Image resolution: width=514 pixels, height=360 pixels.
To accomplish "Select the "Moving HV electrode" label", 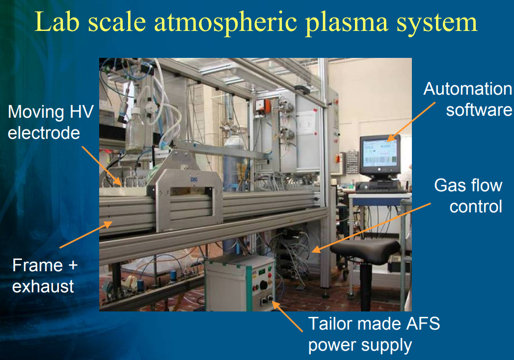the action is click(51, 122).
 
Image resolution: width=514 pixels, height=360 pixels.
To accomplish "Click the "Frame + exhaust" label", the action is click(45, 276).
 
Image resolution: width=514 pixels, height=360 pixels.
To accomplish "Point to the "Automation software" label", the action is click(468, 99).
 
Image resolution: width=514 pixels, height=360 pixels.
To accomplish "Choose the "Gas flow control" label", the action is click(468, 196).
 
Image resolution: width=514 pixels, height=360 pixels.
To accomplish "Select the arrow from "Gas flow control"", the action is click(371, 228).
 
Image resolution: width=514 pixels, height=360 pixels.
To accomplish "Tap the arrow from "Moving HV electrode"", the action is click(101, 166).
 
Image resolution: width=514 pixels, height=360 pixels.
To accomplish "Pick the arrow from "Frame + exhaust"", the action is click(86, 234).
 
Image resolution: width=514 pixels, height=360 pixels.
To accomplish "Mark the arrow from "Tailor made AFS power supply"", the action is click(287, 317).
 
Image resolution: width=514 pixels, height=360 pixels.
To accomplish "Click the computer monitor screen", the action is click(380, 154).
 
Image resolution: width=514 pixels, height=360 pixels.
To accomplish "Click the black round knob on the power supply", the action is click(263, 285).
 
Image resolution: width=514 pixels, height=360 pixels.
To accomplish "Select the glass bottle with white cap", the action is click(135, 130).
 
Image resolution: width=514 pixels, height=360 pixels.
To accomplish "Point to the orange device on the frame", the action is click(263, 106).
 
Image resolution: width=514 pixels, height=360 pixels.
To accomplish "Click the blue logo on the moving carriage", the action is click(194, 179).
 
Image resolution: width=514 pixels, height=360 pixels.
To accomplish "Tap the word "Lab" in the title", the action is click(57, 22).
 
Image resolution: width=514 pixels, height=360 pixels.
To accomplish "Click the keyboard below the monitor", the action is click(380, 188).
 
